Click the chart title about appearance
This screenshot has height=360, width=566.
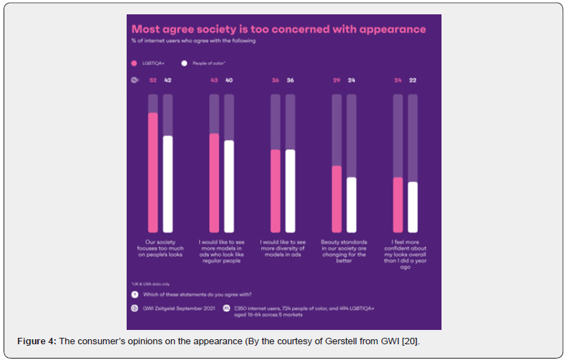pyautogui.click(x=278, y=29)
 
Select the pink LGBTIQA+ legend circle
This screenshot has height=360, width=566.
pyautogui.click(x=134, y=64)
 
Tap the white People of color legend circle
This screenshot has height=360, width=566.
pyautogui.click(x=185, y=64)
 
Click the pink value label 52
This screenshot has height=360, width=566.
pyautogui.click(x=152, y=81)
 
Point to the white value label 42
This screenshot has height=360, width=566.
pyautogui.click(x=167, y=81)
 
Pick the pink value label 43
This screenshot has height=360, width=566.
pyautogui.click(x=214, y=81)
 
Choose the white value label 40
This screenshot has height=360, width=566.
pyautogui.click(x=229, y=81)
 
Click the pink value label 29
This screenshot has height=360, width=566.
pyautogui.click(x=336, y=81)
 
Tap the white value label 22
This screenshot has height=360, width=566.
pyautogui.click(x=413, y=81)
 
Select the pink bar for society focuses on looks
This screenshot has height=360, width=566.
pyautogui.click(x=152, y=172)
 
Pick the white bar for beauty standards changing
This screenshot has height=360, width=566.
pyautogui.click(x=351, y=203)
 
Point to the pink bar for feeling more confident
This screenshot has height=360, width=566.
pyautogui.click(x=398, y=203)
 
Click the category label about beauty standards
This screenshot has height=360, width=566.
pyautogui.click(x=343, y=250)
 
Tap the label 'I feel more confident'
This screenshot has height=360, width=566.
pyautogui.click(x=406, y=243)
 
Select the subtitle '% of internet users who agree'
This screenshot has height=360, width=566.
pyautogui.click(x=193, y=42)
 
